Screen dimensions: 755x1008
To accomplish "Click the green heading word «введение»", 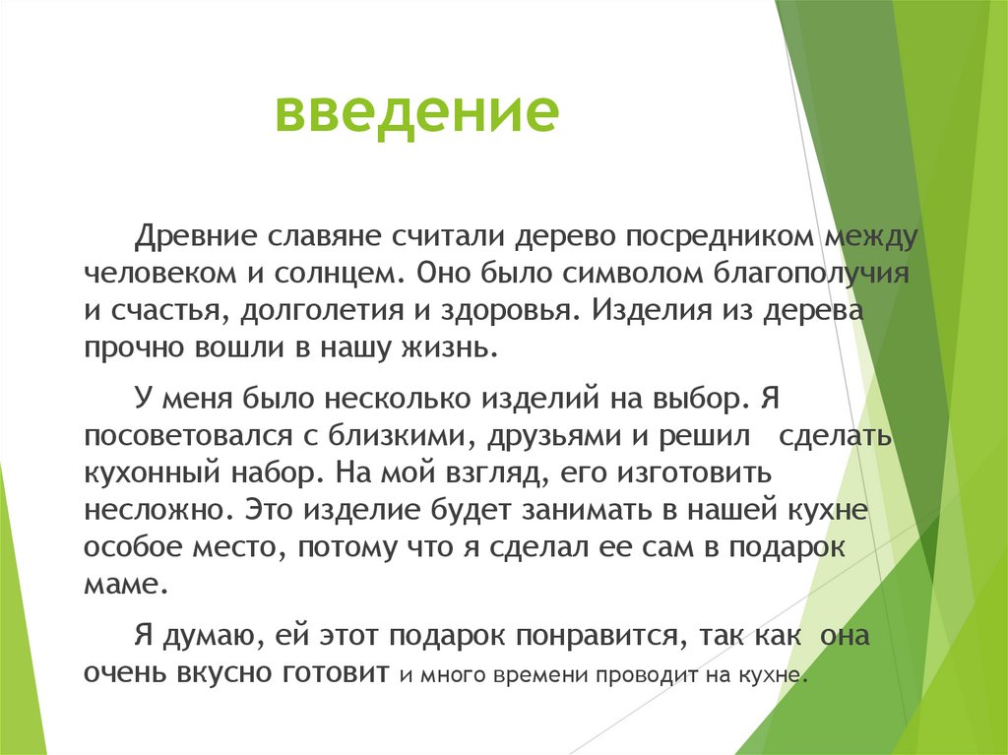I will (415, 113).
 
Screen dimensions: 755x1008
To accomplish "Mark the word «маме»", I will (121, 583).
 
